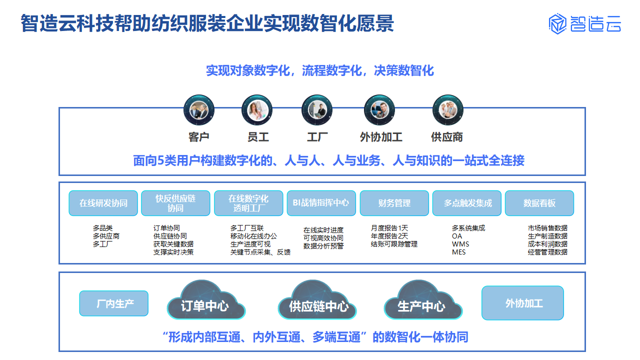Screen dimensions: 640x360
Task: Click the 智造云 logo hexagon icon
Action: click(557, 23)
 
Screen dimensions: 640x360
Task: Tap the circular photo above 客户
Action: click(199, 110)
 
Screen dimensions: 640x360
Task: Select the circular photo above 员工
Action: click(257, 110)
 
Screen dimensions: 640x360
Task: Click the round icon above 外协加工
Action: click(379, 110)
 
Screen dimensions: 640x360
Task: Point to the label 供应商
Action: click(447, 137)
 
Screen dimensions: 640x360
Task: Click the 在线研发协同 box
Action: click(103, 203)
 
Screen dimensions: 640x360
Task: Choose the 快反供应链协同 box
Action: click(175, 203)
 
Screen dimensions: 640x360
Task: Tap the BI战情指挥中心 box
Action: click(321, 203)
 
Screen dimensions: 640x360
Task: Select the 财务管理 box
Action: click(394, 203)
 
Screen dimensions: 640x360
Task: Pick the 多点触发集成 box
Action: click(467, 203)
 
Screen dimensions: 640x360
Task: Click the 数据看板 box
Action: click(539, 203)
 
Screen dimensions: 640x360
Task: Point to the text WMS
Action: click(460, 244)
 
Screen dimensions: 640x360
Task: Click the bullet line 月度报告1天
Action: click(389, 228)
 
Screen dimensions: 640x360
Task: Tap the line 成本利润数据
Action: click(547, 244)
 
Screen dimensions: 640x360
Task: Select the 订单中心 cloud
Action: click(206, 300)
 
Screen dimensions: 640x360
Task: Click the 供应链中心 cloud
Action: click(317, 300)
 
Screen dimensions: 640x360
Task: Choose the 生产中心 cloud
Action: click(423, 300)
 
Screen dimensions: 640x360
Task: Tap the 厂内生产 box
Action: click(113, 303)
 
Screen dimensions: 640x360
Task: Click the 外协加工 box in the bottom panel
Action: click(522, 303)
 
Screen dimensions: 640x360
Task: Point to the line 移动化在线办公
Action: click(253, 236)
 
